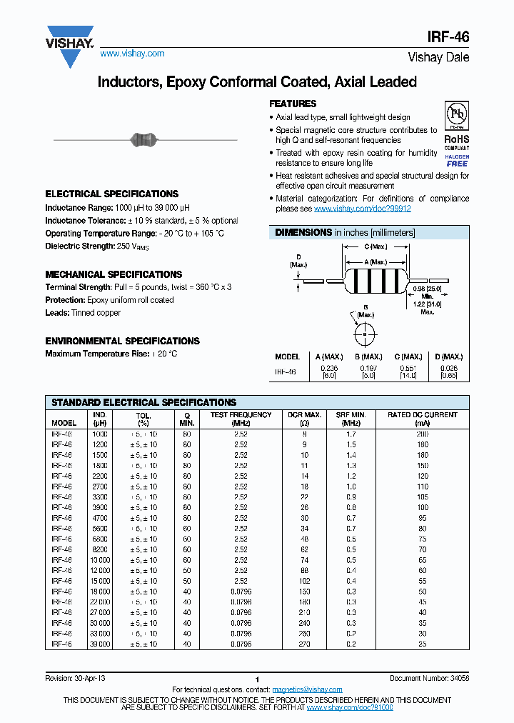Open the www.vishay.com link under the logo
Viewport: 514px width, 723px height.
(x=132, y=54)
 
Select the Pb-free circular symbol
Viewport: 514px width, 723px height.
(x=457, y=114)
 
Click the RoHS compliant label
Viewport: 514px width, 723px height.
(x=457, y=143)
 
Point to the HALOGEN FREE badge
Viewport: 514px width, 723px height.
(x=457, y=160)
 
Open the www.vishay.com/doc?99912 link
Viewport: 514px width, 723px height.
(x=362, y=209)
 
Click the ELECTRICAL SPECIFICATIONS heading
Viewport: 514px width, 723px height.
(x=111, y=194)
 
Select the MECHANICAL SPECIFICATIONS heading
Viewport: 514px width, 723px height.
(x=114, y=274)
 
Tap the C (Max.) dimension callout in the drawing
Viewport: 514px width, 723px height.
(x=376, y=246)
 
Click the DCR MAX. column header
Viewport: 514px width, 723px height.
(x=304, y=419)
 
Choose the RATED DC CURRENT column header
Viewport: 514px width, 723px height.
(x=423, y=419)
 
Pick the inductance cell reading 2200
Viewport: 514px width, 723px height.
(x=99, y=475)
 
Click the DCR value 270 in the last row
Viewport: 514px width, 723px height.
(x=304, y=644)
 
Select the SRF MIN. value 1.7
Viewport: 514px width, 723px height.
(x=351, y=434)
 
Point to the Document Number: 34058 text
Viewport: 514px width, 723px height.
(x=429, y=678)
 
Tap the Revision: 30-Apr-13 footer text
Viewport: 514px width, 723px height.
(x=75, y=678)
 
